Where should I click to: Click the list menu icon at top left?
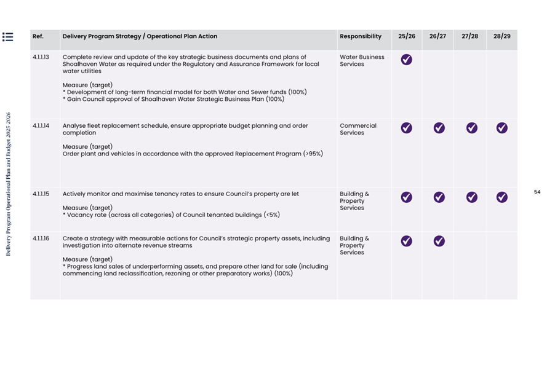pos(7,37)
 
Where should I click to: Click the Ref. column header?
pos(38,37)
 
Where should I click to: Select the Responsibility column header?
pos(361,37)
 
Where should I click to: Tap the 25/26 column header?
pos(407,37)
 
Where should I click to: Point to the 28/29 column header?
pos(502,37)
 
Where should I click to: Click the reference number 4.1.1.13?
pos(41,57)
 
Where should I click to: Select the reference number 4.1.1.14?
pos(41,126)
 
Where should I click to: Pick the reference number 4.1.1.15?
pos(41,194)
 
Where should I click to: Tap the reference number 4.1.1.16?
pos(41,238)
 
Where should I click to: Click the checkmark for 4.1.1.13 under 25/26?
pos(407,60)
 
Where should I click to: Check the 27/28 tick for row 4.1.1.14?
pos(471,128)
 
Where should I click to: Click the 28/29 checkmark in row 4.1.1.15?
pos(502,197)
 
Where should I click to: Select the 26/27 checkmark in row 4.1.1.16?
pos(439,242)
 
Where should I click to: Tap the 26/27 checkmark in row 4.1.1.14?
pos(439,128)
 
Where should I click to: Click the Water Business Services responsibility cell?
pos(362,60)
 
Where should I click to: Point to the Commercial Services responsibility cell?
pos(358,129)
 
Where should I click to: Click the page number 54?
pos(537,192)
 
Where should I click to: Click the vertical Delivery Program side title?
pos(8,184)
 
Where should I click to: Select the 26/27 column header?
pos(437,37)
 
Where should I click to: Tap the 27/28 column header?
pos(469,37)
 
